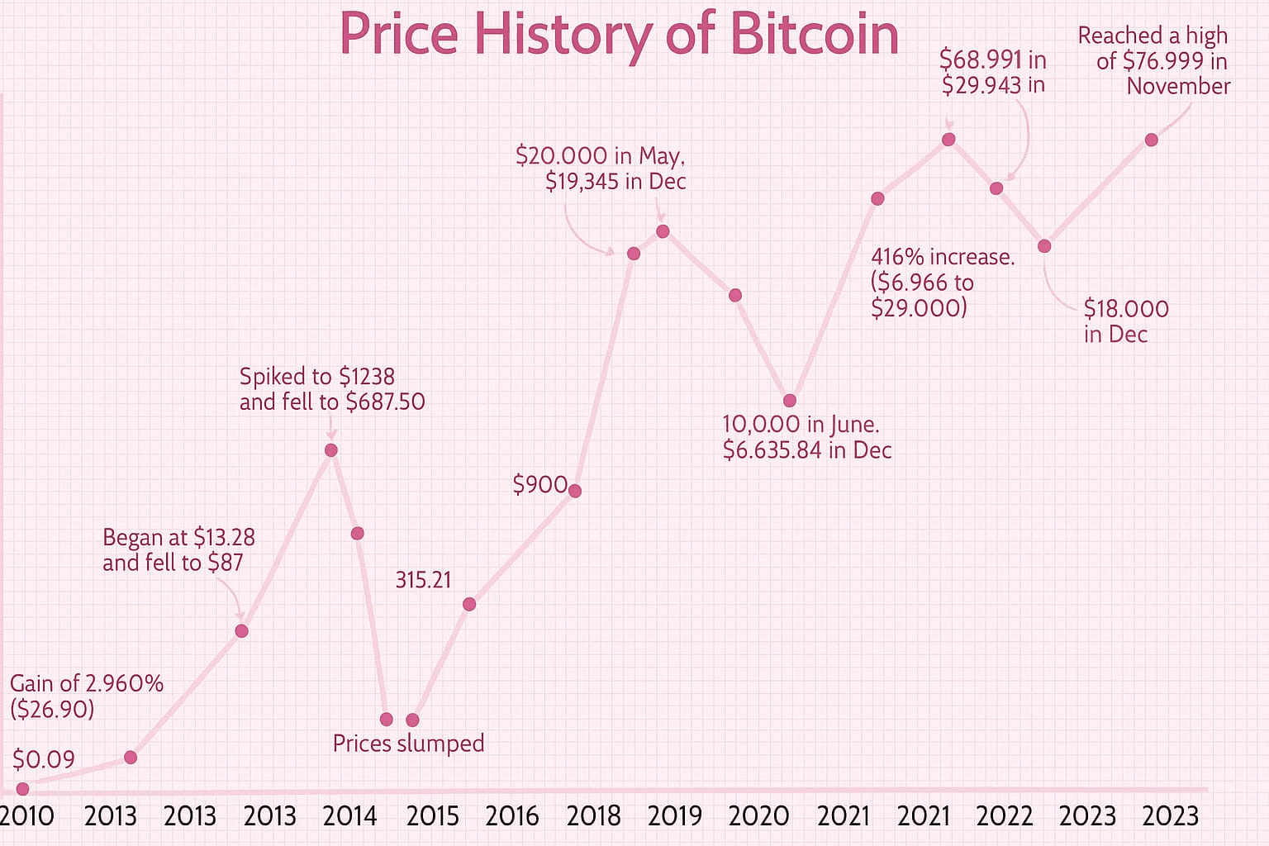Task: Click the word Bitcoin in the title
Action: tap(815, 34)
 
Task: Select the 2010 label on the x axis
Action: tap(26, 816)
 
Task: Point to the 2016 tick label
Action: tap(512, 816)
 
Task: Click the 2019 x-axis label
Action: tap(675, 816)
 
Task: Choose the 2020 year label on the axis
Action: tap(758, 816)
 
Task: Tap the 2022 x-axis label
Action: tap(1005, 816)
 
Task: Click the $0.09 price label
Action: tap(44, 759)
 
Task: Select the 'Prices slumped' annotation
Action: tap(408, 744)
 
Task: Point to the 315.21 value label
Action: tap(423, 580)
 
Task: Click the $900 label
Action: tap(539, 484)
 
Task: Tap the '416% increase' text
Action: tap(943, 257)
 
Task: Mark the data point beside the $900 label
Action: tap(574, 491)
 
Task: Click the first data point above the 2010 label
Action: tap(22, 789)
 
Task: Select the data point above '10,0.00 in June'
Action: tap(790, 401)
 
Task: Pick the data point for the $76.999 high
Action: tap(1151, 140)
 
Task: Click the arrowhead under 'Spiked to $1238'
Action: tap(331, 435)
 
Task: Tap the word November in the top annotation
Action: tap(1178, 86)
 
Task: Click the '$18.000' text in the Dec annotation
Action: tap(1126, 309)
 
